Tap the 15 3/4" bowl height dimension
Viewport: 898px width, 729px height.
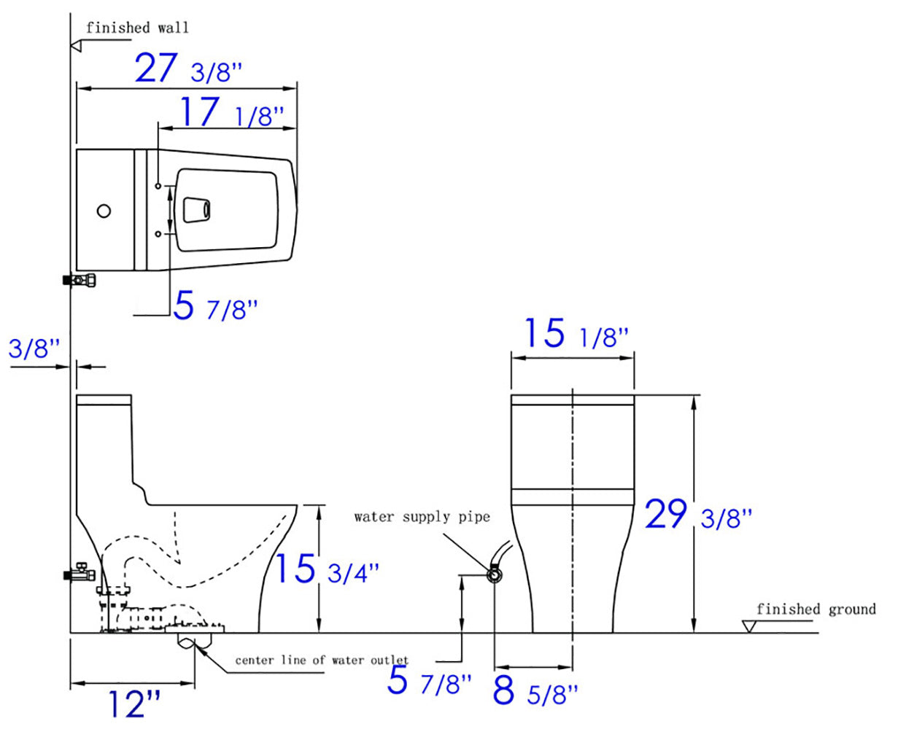coord(325,569)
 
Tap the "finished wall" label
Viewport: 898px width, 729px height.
coord(137,28)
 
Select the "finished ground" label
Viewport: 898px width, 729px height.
coord(816,609)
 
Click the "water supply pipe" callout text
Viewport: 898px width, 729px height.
coord(422,517)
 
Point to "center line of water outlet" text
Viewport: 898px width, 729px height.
coord(321,660)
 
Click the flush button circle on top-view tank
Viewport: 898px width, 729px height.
coord(104,211)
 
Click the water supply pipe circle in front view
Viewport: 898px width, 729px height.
coord(495,575)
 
